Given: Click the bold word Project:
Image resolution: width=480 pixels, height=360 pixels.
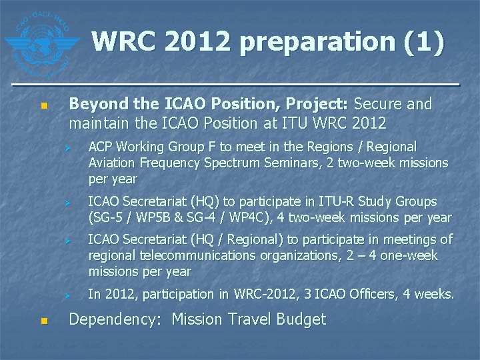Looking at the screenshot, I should (x=317, y=104).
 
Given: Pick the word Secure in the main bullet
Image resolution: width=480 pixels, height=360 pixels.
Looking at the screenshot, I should (x=377, y=104).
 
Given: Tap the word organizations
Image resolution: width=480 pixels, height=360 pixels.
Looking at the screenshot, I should (x=285, y=255).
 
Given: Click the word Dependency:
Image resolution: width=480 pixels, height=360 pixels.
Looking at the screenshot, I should (x=115, y=320).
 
